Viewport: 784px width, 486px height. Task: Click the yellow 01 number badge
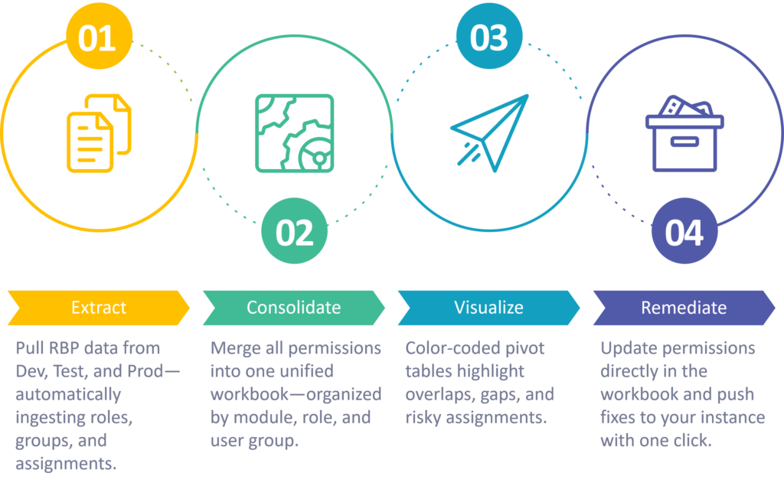coord(99,37)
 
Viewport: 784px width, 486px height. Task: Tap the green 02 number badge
coord(294,231)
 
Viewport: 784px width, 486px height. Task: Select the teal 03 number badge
coord(489,37)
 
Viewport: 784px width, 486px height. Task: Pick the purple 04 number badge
coord(684,231)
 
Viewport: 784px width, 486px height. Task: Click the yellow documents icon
coord(99,133)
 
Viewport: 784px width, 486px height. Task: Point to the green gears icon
coord(295,133)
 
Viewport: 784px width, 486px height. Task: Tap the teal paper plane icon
coord(489,133)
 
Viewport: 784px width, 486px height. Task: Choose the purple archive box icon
coord(684,133)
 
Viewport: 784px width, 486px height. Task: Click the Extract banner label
coord(99,308)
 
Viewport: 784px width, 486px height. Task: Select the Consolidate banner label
coord(293,308)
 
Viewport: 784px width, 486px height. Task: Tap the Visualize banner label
coord(488,308)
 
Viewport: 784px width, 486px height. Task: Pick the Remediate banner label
coord(684,308)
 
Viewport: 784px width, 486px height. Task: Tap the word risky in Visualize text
coord(423,417)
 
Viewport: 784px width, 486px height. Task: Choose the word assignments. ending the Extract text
coord(66,464)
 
